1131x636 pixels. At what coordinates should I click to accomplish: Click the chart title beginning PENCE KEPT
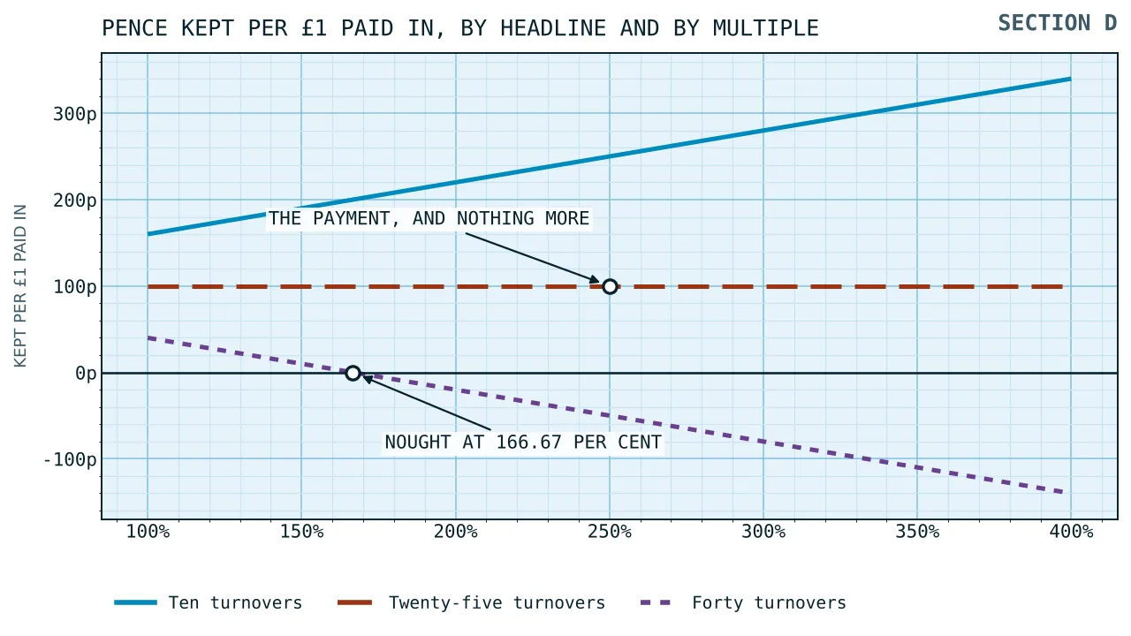[x=460, y=28]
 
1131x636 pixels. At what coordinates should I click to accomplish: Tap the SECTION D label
[x=1058, y=23]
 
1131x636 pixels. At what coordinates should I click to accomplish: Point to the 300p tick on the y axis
[x=75, y=114]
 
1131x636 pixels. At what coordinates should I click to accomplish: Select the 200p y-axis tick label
[x=75, y=201]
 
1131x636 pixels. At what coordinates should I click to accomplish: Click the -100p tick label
[x=70, y=460]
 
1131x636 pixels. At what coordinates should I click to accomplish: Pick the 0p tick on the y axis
[x=86, y=374]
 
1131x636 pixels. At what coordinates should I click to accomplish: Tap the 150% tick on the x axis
[x=301, y=532]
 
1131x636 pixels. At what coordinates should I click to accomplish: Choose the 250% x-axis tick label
[x=610, y=532]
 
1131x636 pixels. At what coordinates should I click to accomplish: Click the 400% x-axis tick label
[x=1071, y=532]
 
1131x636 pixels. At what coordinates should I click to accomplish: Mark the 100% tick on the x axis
[x=148, y=532]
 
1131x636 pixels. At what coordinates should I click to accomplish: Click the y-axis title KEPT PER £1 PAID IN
[x=20, y=285]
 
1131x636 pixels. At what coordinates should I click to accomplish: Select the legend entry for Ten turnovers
[x=208, y=602]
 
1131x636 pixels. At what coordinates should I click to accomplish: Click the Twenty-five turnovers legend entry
[x=471, y=602]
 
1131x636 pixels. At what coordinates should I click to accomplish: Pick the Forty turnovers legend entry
[x=743, y=602]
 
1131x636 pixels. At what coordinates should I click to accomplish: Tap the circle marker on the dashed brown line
[x=610, y=287]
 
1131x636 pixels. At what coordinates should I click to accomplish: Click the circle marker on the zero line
[x=353, y=374]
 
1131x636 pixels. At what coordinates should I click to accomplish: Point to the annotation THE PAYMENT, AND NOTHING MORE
[x=429, y=218]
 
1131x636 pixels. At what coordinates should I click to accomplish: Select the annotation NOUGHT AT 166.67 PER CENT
[x=523, y=443]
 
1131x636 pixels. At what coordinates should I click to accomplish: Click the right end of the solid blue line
[x=1070, y=79]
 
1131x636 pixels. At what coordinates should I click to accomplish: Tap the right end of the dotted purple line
[x=1062, y=492]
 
